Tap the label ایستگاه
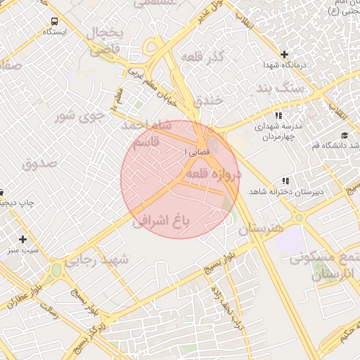(x=54, y=32)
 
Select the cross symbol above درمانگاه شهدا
(x=284, y=54)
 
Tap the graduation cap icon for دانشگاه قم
(x=344, y=135)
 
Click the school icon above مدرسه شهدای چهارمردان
(x=278, y=115)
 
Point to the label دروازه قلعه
(x=215, y=173)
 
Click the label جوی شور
(x=80, y=115)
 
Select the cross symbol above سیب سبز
(x=23, y=239)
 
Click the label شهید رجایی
(x=98, y=259)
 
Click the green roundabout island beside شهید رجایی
(x=56, y=269)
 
